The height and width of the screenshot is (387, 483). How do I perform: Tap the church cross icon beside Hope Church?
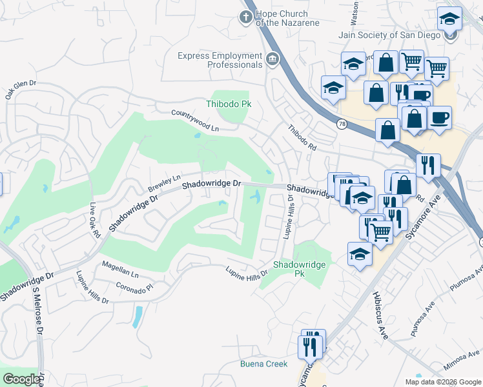point(246,17)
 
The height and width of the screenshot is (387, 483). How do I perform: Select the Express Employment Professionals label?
point(220,60)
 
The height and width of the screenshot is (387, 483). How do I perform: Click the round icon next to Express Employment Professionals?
point(272,61)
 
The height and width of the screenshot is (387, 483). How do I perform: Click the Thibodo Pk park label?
point(228,104)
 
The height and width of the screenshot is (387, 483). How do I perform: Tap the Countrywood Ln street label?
point(195,121)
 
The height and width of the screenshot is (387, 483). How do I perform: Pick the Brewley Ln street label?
point(165,180)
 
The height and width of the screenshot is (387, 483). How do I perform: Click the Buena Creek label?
point(264,364)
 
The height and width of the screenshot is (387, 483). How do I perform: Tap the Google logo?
point(22,379)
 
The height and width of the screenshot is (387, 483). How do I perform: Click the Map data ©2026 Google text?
point(442,382)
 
